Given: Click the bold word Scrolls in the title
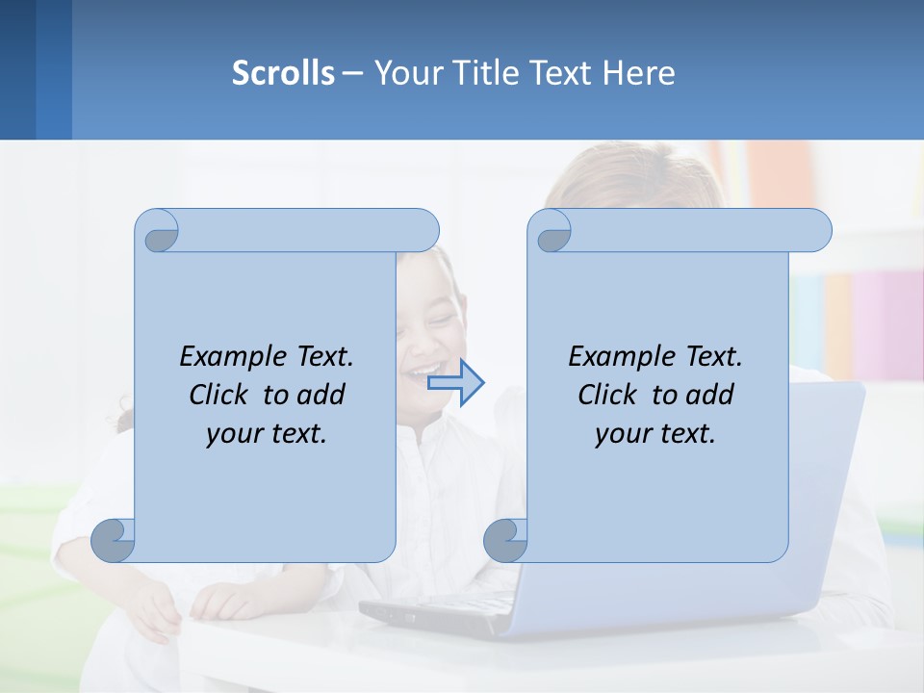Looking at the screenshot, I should [283, 73].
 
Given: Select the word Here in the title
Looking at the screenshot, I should [639, 73].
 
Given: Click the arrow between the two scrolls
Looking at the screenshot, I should [456, 383].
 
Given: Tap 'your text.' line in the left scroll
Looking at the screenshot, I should [267, 434].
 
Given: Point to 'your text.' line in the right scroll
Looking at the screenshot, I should [655, 434].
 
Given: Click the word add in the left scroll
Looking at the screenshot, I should [321, 395].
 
